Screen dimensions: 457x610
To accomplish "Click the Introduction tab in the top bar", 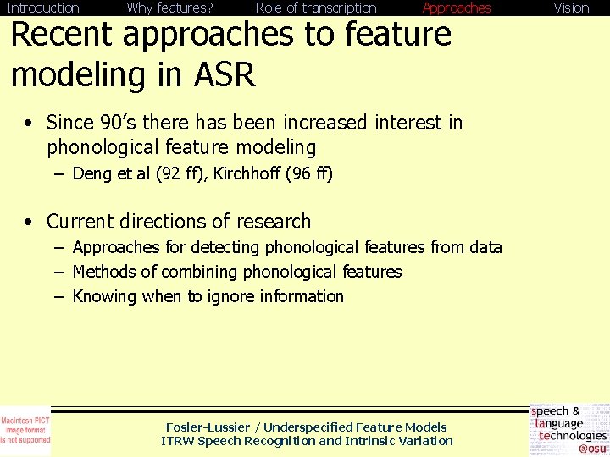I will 42,8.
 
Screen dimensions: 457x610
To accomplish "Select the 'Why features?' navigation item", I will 169,8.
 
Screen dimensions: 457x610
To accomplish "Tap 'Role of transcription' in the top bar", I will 316,8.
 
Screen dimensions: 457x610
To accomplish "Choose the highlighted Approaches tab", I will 457,8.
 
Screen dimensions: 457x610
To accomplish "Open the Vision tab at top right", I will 571,8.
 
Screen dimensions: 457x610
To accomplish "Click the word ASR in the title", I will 225,74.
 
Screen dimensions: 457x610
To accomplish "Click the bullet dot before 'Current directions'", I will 29,223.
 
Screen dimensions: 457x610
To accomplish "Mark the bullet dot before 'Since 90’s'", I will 29,124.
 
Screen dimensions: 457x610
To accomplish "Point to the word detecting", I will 219,247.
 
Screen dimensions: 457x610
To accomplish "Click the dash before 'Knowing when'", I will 57,296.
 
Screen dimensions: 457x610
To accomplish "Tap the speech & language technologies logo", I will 568,430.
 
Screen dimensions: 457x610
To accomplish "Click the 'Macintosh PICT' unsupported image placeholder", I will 25,431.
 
